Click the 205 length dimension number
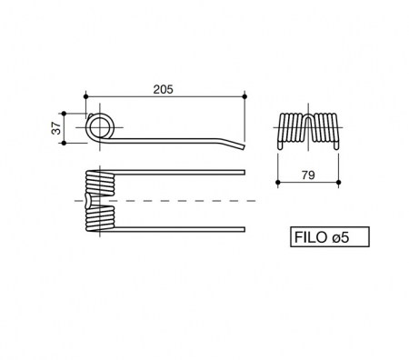click(164, 89)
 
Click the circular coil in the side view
click(99, 125)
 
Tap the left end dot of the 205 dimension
click(85, 95)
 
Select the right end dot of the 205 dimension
click(244, 95)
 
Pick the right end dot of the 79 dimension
click(338, 182)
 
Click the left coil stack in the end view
click(288, 128)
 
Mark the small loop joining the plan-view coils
click(85, 199)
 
